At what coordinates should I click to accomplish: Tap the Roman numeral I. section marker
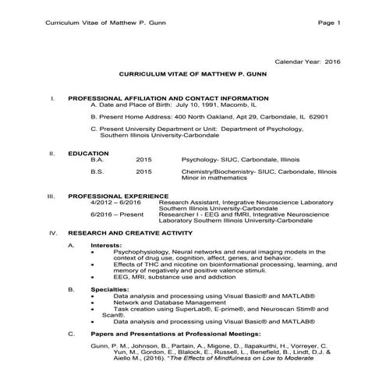point(51,99)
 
